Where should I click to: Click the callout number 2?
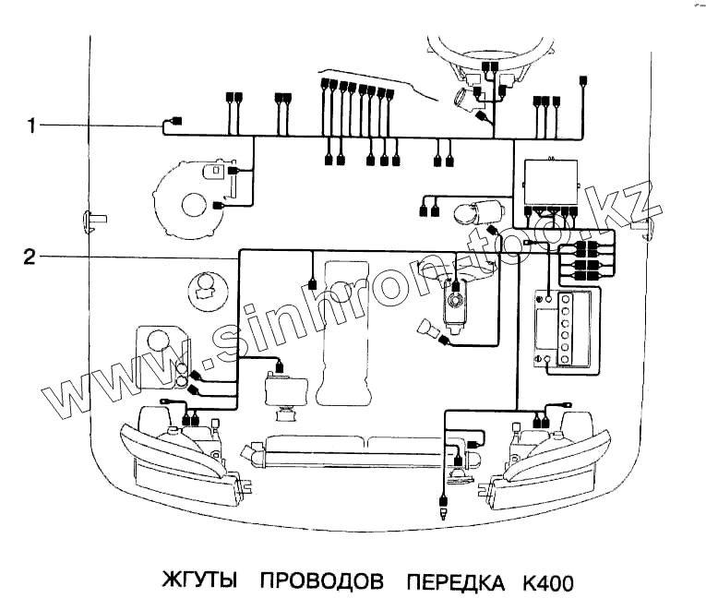30,257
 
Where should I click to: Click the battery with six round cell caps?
562,329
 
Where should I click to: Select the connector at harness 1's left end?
176,122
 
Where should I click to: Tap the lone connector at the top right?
583,82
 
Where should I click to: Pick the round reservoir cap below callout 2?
205,288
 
